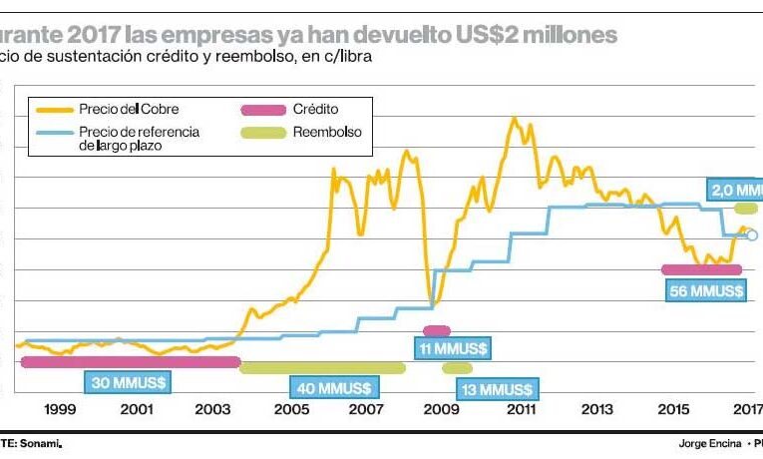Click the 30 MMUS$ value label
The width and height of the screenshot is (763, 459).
[x=126, y=381]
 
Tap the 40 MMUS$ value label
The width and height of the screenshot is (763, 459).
[x=330, y=387]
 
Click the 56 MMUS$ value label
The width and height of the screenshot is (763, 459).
[x=703, y=290]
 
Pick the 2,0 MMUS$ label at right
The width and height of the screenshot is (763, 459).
[x=736, y=189]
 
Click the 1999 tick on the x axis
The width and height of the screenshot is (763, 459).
[x=60, y=409]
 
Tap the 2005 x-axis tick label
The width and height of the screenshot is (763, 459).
[x=290, y=409]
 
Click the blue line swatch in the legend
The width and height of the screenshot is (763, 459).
[x=54, y=132]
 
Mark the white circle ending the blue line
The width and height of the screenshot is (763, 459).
[x=752, y=235]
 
